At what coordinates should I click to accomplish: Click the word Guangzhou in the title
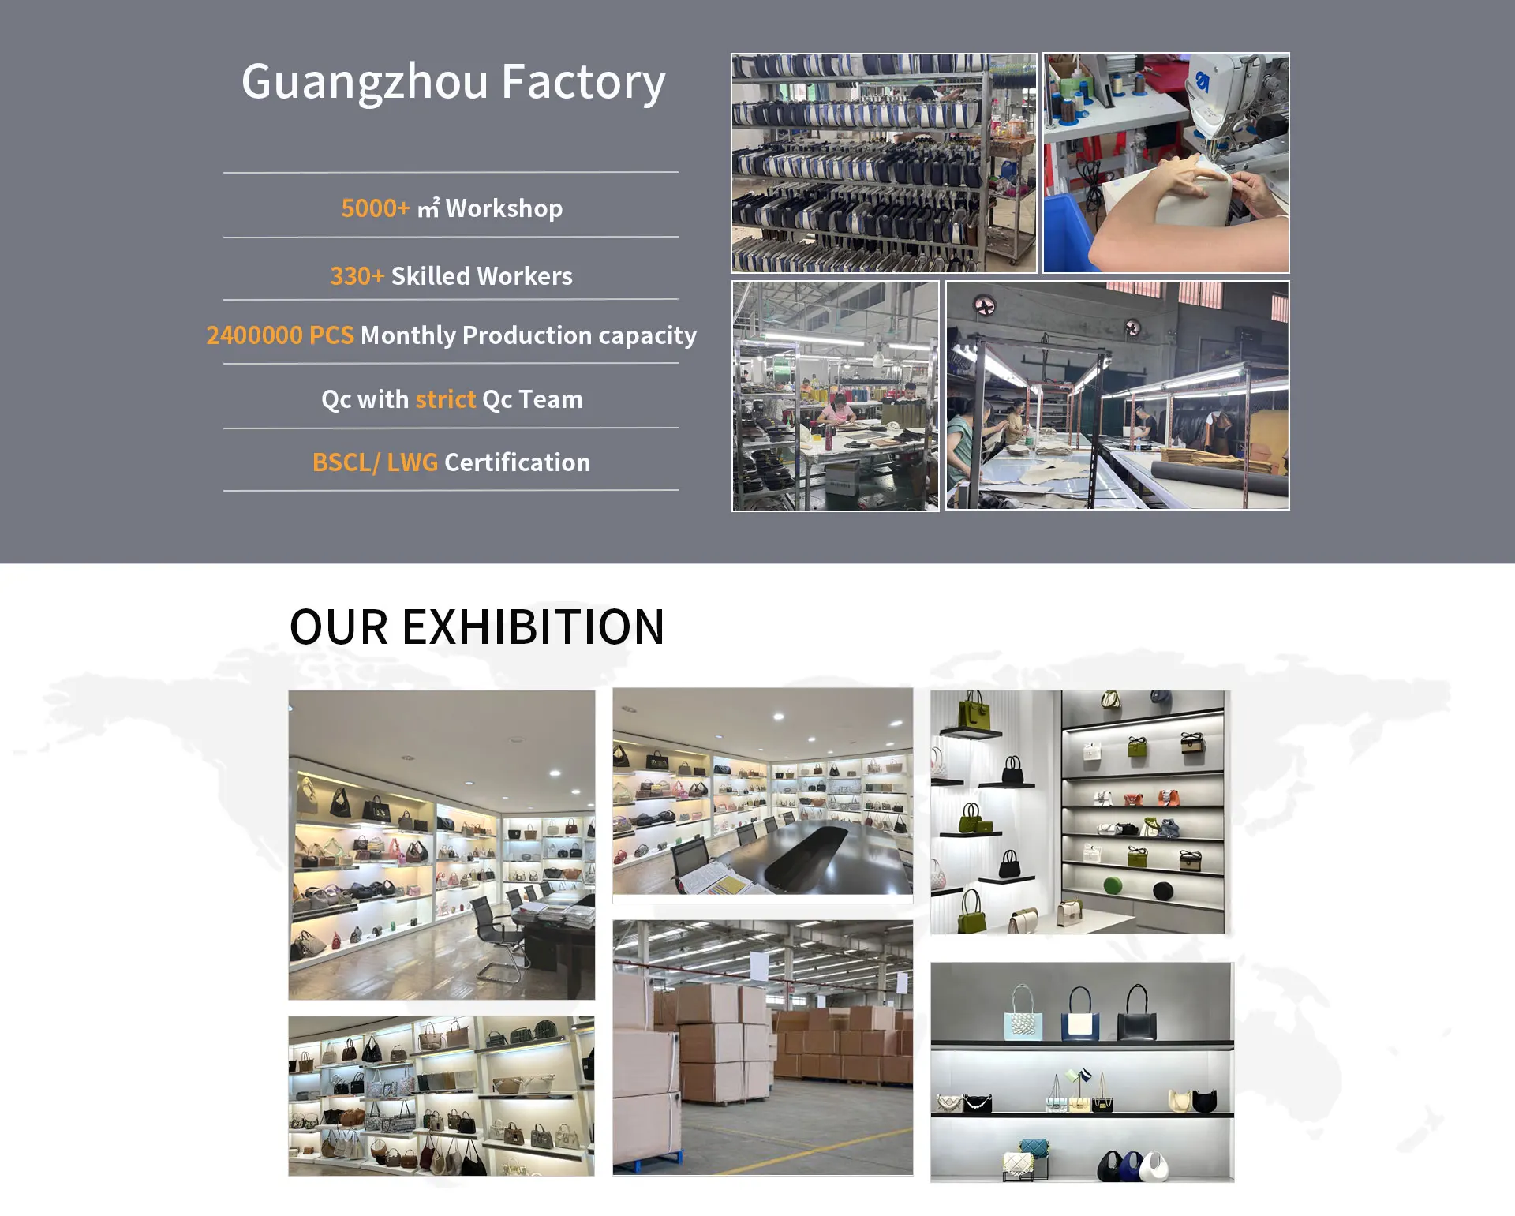[x=365, y=83]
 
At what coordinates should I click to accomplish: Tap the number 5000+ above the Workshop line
[x=375, y=208]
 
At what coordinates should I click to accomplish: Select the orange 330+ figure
[x=357, y=276]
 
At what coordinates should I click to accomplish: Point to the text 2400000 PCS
[x=279, y=335]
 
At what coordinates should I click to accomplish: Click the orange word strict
[x=445, y=399]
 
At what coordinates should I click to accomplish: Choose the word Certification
[x=517, y=462]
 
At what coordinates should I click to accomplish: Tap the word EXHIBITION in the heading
[x=533, y=627]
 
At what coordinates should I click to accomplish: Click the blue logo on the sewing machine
[x=1202, y=81]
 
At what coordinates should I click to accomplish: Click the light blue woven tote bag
[x=1022, y=1023]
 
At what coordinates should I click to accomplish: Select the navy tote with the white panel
[x=1080, y=1023]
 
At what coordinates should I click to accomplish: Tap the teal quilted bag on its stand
[x=1034, y=1148]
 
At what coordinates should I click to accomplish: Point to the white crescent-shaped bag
[x=1155, y=1163]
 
